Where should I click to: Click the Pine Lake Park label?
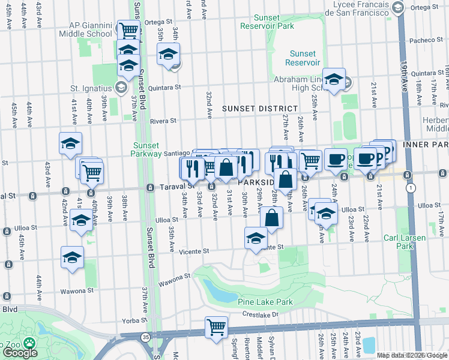pyautogui.click(x=265, y=302)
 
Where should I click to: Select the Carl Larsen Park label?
pyautogui.click(x=405, y=242)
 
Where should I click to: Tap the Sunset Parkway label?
pyautogui.click(x=146, y=149)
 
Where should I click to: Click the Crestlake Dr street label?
pyautogui.click(x=261, y=314)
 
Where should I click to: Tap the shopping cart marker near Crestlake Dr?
pyautogui.click(x=215, y=328)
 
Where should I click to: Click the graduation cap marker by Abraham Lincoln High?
pyautogui.click(x=333, y=79)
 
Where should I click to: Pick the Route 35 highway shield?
pyautogui.click(x=145, y=337)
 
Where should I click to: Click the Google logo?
pyautogui.click(x=19, y=353)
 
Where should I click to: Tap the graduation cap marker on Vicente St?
pyautogui.click(x=256, y=238)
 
